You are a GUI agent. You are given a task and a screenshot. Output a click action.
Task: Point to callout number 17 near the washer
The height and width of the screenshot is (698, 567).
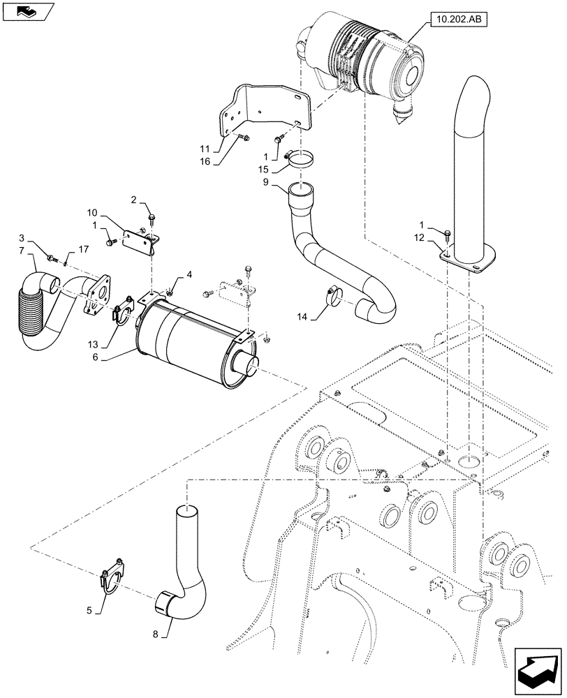coord(83,249)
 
